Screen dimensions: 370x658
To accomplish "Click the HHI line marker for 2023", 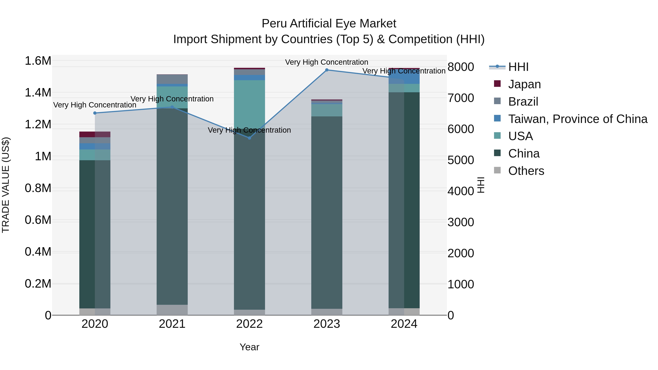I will (x=327, y=70).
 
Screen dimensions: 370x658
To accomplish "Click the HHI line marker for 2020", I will (x=95, y=113).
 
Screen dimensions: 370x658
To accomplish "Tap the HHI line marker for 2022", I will (x=249, y=138).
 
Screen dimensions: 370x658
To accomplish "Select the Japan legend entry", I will (x=524, y=84).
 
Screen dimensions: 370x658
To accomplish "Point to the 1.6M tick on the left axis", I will (x=38, y=61).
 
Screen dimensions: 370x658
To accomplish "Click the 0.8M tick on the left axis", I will (x=38, y=188).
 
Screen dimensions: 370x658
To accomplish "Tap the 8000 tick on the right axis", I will (x=461, y=67).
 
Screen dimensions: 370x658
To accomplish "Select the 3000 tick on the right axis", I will (x=461, y=222).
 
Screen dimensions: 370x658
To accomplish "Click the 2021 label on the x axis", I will (x=172, y=324).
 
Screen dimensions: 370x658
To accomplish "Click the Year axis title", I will (x=249, y=347).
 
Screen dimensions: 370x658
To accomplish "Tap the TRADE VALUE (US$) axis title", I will (x=6, y=185).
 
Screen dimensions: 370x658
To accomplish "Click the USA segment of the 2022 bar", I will (x=249, y=102).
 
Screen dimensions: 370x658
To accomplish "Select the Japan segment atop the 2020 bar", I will (x=95, y=134).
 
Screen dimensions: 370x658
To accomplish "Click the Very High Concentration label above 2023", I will (x=326, y=62).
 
